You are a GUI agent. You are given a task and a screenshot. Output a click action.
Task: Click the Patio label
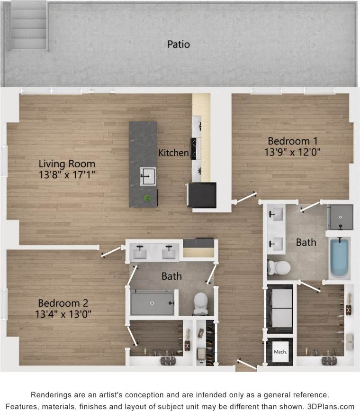179,44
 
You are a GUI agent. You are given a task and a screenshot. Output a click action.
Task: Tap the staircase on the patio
29,26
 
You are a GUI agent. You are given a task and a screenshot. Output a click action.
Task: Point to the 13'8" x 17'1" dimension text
67,175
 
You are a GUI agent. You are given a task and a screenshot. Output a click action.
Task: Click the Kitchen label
173,153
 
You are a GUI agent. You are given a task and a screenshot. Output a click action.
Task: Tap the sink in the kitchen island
147,176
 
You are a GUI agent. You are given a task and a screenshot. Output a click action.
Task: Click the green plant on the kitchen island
148,198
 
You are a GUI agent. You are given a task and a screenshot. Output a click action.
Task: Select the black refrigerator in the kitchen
202,195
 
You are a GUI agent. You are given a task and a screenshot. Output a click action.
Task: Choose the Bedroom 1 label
292,141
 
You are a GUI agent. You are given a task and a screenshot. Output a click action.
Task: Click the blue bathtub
339,258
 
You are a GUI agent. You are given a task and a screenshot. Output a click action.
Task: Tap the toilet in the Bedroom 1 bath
279,267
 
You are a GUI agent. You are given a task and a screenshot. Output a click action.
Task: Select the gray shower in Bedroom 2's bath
152,302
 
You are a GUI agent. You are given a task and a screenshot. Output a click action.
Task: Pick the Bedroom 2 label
63,303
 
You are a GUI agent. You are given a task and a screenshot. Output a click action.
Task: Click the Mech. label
279,353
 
